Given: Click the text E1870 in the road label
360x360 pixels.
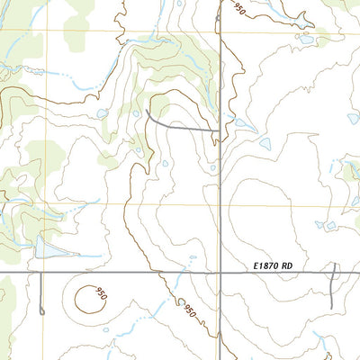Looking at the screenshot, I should click(x=267, y=265).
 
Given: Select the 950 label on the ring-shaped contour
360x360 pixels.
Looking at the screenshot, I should click(x=101, y=295).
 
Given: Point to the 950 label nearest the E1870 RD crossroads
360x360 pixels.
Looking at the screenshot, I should click(x=190, y=310).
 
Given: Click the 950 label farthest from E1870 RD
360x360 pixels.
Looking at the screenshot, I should click(x=238, y=9).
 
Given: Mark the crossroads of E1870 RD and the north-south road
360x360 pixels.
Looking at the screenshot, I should click(x=220, y=272).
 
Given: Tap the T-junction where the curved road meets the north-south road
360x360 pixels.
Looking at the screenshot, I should click(x=220, y=131).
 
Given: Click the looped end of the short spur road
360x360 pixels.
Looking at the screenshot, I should click(x=41, y=311).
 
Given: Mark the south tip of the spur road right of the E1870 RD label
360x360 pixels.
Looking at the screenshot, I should click(x=331, y=304).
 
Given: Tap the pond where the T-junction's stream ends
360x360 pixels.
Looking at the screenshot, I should click(x=265, y=143).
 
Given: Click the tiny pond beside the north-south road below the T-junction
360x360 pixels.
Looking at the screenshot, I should click(x=212, y=166).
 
